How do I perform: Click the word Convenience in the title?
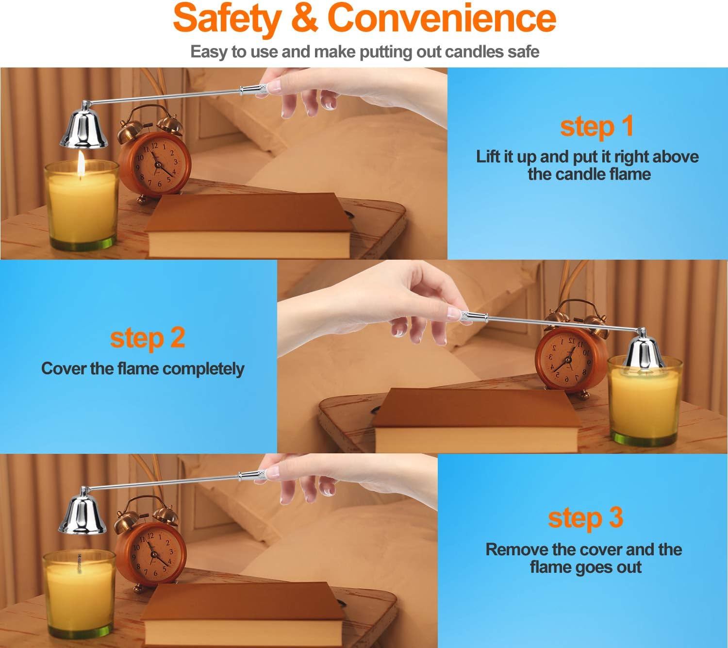tap(442, 18)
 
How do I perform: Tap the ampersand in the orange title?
tap(304, 17)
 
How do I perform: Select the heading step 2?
tap(148, 338)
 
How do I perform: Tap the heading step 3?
tap(585, 518)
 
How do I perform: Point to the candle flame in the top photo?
tap(81, 164)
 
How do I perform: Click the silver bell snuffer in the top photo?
tap(84, 125)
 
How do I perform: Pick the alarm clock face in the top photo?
tap(157, 164)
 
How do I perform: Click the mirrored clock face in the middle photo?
tap(568, 359)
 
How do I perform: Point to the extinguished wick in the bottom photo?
tap(79, 564)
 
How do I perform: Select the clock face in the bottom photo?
tap(154, 553)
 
